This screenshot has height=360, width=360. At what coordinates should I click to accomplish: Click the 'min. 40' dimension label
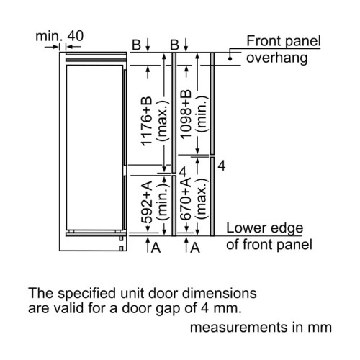60,36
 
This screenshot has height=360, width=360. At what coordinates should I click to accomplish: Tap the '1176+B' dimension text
147,121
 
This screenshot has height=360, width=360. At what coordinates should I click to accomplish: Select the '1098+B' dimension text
186,114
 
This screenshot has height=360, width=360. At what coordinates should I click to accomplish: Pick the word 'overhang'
276,58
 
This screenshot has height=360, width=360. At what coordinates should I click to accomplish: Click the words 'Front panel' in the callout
284,41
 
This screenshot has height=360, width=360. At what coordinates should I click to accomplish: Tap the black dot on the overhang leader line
230,58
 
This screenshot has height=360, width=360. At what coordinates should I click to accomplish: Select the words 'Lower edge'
265,228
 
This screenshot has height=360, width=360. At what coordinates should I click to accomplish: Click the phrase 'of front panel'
269,245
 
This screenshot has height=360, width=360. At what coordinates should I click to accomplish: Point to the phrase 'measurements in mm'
261,328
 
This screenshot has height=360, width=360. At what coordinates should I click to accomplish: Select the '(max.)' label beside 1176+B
163,121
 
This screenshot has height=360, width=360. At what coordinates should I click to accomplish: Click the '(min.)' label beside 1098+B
201,114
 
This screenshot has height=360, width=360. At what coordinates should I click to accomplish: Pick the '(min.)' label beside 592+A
163,201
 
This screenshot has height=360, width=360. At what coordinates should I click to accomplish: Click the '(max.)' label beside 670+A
201,199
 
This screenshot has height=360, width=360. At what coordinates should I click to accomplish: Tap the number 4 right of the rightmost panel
222,166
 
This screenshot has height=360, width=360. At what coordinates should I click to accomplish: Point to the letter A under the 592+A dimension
156,248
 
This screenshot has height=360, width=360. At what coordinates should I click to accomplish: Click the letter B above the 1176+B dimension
136,45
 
